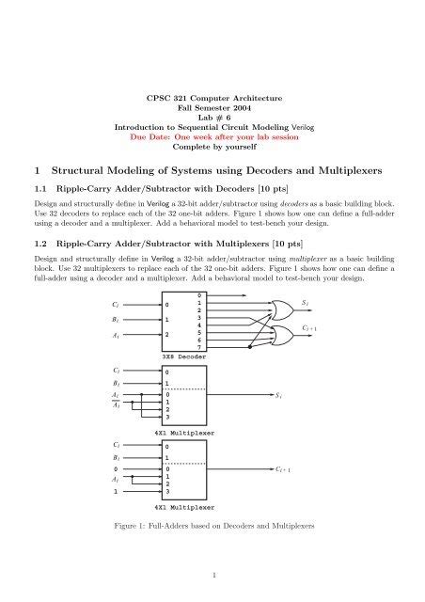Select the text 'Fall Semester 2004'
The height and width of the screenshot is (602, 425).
point(211,110)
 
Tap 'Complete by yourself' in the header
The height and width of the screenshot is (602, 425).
point(211,147)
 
